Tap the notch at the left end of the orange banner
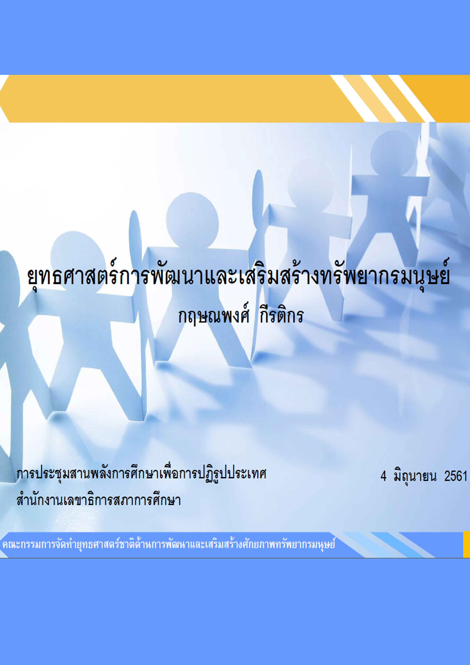pos(3,98)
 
